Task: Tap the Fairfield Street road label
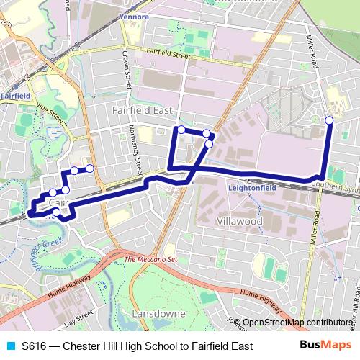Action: point(167,55)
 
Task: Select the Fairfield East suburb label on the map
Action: point(143,110)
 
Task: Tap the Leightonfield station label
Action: point(252,187)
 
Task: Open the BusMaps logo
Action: point(325,346)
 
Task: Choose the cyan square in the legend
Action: point(10,346)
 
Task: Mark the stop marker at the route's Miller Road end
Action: point(329,120)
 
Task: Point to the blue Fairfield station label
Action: point(14,95)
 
